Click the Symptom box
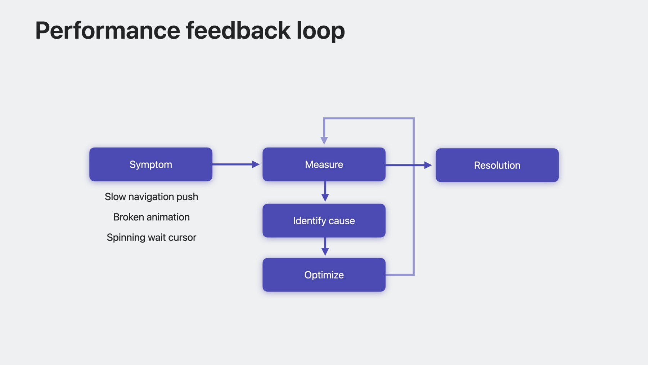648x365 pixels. click(x=151, y=164)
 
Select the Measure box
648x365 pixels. click(x=324, y=164)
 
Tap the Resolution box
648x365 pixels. click(x=497, y=165)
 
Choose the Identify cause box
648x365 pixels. click(x=324, y=221)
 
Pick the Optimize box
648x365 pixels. click(x=324, y=275)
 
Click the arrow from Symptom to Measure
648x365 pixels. click(x=236, y=164)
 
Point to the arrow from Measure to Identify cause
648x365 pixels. click(x=325, y=192)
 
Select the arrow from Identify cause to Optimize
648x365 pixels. click(x=325, y=247)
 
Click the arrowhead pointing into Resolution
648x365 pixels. click(x=428, y=165)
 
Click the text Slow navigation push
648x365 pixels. click(x=152, y=197)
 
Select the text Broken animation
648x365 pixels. click(x=152, y=217)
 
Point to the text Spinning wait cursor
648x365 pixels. click(x=152, y=238)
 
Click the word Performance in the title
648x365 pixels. click(x=108, y=30)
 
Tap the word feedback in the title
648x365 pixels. click(x=238, y=30)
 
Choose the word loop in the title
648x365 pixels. click(x=321, y=31)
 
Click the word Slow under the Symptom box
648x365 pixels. click(x=115, y=197)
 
